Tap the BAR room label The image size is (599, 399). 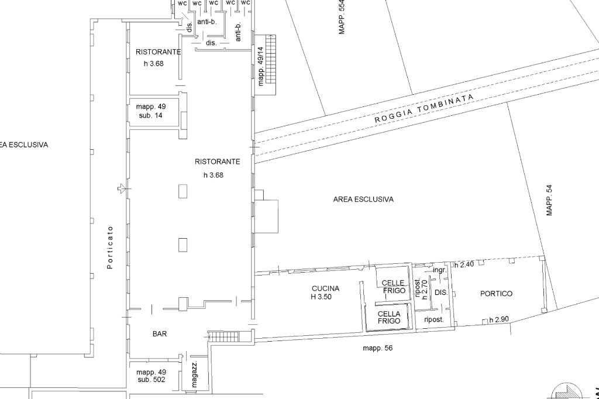pos(160,334)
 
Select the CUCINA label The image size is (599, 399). pos(325,288)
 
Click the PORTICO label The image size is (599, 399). pos(496,294)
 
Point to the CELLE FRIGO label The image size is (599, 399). pos(394,287)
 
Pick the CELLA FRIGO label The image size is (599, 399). pos(389,318)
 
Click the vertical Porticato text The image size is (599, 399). pos(110,247)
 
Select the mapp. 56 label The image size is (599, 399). pos(377,348)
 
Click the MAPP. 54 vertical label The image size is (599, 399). pos(549,201)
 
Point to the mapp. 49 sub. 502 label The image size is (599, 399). pos(151,376)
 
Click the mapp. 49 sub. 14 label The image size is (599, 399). pos(151,111)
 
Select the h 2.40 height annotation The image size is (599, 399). pos(464,265)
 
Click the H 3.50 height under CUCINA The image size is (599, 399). pos(321,297)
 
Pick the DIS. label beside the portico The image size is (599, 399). pos(441,293)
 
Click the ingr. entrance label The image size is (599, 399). pos(439,270)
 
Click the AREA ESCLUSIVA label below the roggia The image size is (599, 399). pos(363,199)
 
